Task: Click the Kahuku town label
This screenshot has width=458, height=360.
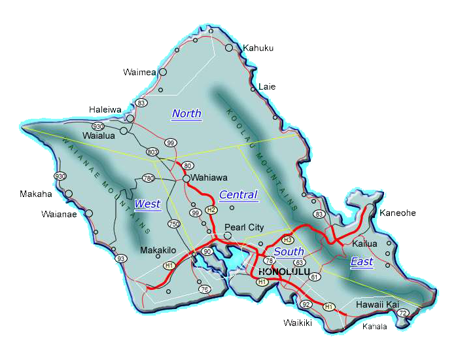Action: click(x=258, y=48)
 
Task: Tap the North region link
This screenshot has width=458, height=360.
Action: click(x=186, y=114)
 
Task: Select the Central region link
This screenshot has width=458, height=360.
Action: click(x=238, y=195)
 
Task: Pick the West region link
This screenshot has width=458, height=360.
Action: click(x=147, y=204)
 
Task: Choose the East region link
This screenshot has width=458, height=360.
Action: click(x=362, y=262)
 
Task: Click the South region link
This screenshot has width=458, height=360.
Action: click(x=289, y=252)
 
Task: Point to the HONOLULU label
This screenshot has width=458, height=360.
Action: click(x=284, y=272)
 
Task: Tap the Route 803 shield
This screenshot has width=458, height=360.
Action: click(x=152, y=152)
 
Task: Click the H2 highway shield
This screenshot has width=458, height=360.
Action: click(x=211, y=210)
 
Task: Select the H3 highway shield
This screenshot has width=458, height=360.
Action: click(x=287, y=240)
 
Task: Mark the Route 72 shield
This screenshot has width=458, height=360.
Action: click(x=403, y=314)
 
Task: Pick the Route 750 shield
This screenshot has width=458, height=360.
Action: click(x=174, y=225)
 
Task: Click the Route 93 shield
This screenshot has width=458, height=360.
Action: click(x=120, y=259)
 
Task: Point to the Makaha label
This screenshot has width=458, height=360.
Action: click(x=34, y=194)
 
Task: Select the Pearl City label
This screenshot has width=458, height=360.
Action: click(x=244, y=227)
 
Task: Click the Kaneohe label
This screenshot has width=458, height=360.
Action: click(x=398, y=213)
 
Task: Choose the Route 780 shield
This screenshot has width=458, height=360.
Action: click(x=148, y=178)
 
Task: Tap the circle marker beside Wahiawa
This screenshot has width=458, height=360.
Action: click(x=186, y=178)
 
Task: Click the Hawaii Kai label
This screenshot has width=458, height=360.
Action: click(x=378, y=305)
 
